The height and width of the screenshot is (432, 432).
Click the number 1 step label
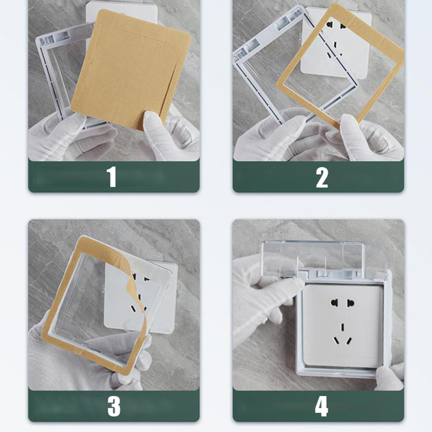(112, 177)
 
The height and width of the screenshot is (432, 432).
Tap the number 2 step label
(322, 178)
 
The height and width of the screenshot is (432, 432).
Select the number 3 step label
(114, 406)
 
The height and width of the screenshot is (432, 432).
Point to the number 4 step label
(322, 406)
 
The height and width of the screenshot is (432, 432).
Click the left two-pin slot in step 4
(335, 303)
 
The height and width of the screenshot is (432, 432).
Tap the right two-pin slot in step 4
(350, 303)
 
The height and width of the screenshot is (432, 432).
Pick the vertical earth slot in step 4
(342, 327)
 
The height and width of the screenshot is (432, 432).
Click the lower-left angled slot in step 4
(336, 341)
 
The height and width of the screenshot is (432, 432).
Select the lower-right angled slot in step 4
(349, 341)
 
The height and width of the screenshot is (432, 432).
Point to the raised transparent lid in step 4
(313, 257)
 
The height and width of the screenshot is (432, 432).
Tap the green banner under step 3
(114, 406)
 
